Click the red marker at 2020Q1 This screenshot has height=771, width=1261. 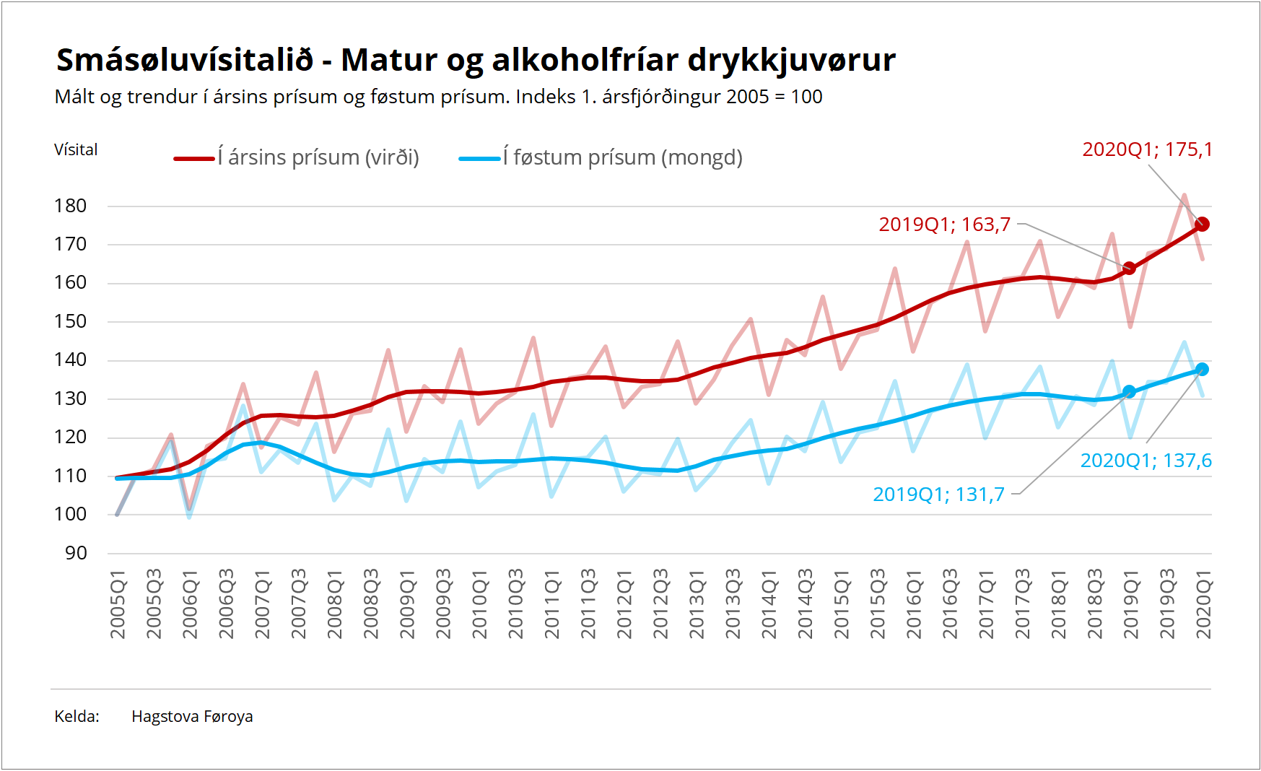[1202, 225]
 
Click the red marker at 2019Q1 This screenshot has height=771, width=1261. [1130, 268]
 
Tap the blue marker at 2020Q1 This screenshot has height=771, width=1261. [1202, 370]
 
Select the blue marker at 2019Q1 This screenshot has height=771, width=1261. [1130, 392]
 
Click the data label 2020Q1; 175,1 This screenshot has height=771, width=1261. [1147, 149]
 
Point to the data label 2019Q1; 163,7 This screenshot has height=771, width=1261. [944, 225]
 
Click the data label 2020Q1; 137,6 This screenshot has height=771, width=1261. [1146, 461]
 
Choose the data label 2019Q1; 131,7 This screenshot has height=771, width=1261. [938, 495]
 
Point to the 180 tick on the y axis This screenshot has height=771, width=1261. [71, 206]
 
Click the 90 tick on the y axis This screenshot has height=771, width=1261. [76, 553]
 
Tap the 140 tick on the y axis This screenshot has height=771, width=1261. [71, 360]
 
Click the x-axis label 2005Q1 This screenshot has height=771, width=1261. [118, 604]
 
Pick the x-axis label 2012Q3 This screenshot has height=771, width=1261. [660, 604]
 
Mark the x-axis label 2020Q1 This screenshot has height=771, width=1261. [1203, 604]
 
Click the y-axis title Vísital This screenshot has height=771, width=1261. [76, 149]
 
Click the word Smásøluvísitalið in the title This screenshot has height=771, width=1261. [185, 60]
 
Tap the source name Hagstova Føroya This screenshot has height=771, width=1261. [192, 716]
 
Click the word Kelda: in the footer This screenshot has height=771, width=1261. [77, 716]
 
